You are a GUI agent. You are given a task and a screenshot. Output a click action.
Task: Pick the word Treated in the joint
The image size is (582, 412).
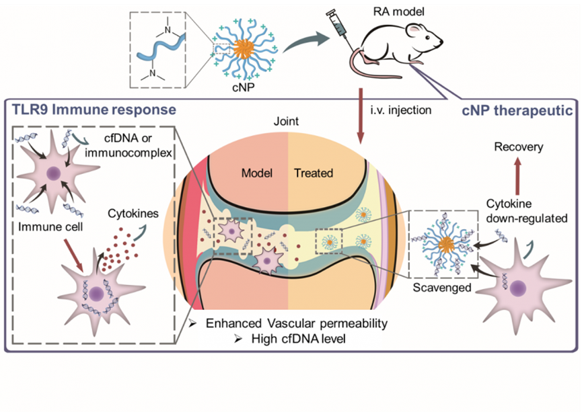point(314,173)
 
